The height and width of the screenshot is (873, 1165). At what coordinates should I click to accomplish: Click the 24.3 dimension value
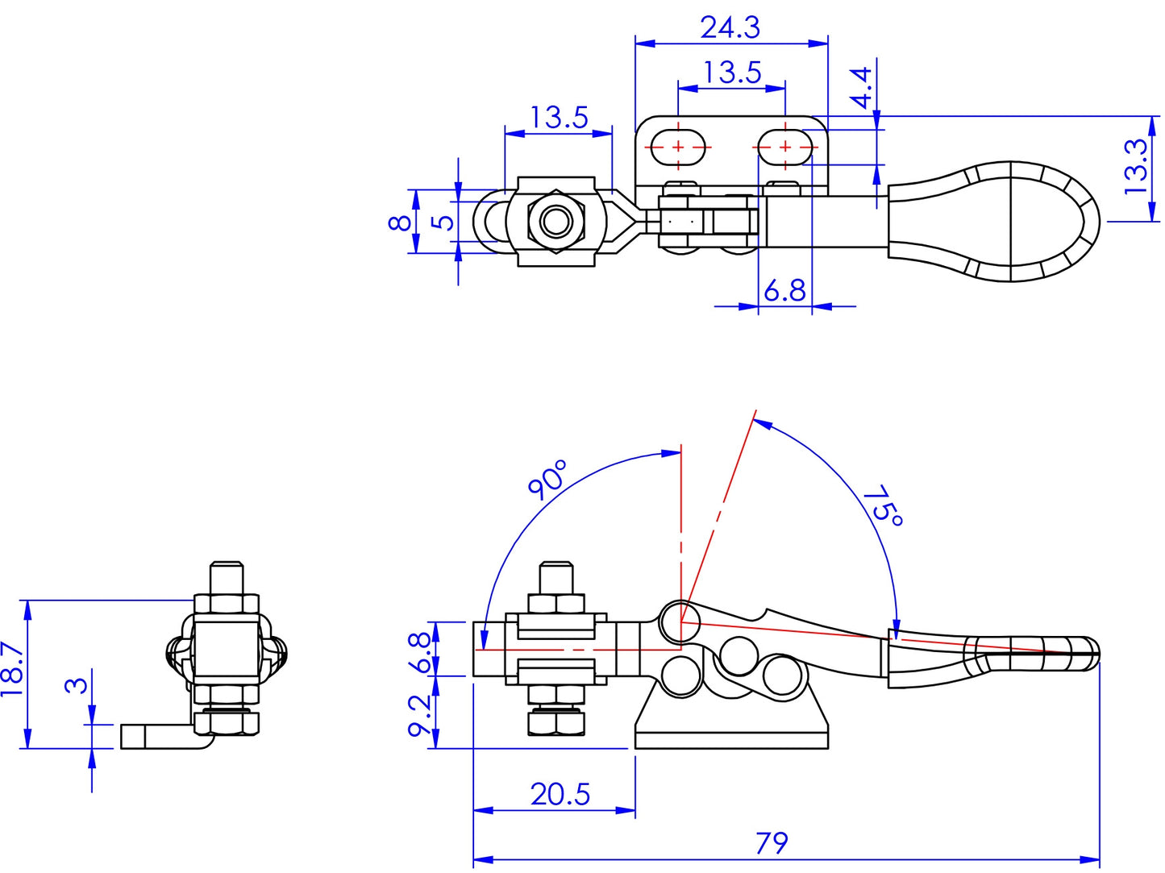(730, 27)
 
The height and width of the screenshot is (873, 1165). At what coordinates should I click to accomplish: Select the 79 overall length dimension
(772, 843)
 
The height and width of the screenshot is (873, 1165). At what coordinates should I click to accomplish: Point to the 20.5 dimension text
(560, 795)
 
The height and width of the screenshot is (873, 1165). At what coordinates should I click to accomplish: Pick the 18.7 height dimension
(11, 669)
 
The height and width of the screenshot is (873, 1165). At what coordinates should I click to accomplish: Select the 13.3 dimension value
(1135, 166)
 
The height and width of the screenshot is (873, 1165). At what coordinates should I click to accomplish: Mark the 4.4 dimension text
(861, 87)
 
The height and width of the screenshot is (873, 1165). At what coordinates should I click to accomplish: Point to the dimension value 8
(401, 222)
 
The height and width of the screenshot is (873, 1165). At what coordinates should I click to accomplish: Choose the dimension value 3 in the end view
(76, 685)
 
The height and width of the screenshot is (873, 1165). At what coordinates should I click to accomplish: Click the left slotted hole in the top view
(679, 147)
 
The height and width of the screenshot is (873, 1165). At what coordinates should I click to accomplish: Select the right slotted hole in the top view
(784, 147)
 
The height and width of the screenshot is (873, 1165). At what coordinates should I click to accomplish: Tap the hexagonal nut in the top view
(556, 221)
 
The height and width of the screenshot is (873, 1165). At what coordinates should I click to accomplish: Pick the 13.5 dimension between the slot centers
(731, 73)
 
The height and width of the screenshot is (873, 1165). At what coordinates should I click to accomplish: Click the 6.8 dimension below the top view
(784, 290)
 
